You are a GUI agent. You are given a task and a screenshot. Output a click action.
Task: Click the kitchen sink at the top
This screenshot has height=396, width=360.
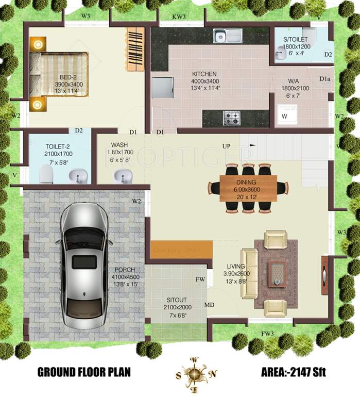228,36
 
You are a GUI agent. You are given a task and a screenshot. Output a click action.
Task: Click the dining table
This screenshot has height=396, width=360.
248,187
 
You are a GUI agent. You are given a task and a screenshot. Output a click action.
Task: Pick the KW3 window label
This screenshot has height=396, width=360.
179,17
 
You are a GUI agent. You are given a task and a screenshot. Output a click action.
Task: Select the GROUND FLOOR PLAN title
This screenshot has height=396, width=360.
83,372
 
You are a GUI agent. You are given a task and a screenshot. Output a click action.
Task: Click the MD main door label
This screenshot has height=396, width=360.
209,305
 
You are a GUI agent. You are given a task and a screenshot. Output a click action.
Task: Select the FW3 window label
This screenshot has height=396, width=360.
267,334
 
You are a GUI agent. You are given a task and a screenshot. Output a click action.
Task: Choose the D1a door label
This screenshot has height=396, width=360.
324,79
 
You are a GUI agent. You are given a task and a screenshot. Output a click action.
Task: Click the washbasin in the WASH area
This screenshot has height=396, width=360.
122,175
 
